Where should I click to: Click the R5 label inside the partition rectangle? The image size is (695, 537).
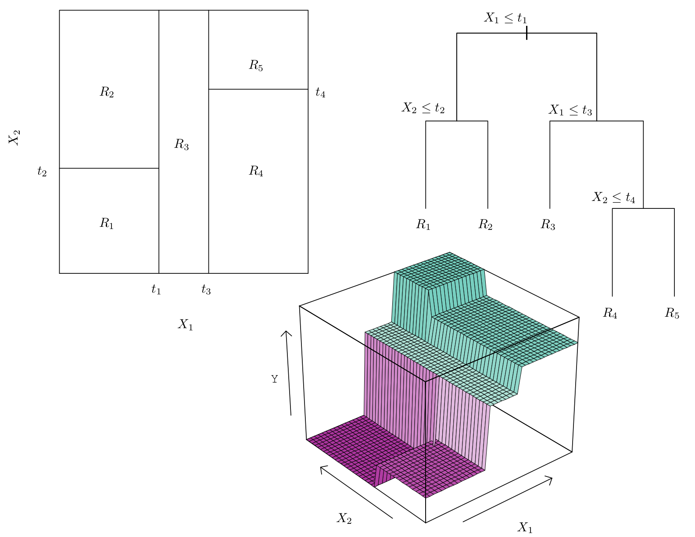(x=256, y=65)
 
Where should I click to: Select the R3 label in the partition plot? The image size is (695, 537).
(x=181, y=144)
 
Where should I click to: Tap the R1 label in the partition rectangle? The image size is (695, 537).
(x=107, y=223)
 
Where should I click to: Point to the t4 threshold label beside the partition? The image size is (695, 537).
(x=320, y=92)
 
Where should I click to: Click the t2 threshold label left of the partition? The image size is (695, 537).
(x=42, y=171)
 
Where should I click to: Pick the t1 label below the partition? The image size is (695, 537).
(x=156, y=289)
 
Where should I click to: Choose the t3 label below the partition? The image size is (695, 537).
(x=206, y=289)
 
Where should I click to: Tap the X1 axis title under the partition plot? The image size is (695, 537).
(x=186, y=324)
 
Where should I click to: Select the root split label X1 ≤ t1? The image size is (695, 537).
(x=505, y=18)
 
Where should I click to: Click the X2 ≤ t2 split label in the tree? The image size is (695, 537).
(x=423, y=108)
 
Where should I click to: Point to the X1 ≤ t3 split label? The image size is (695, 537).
(x=570, y=110)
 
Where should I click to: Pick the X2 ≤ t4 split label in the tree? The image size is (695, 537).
(x=613, y=197)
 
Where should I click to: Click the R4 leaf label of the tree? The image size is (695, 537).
(x=610, y=313)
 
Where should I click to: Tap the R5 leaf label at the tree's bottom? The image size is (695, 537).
(x=672, y=313)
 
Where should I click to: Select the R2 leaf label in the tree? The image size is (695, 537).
(x=485, y=225)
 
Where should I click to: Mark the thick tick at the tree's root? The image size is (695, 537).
(x=527, y=33)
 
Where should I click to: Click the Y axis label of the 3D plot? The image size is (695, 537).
(x=274, y=379)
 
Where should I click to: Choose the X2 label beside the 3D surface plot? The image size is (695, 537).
(x=344, y=518)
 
